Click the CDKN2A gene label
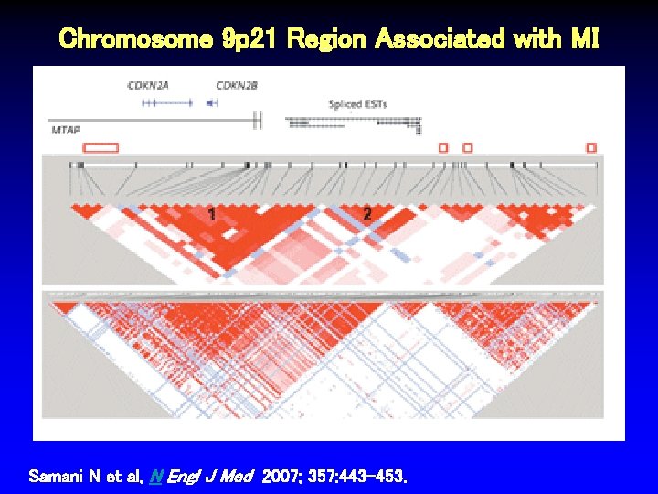coord(148,85)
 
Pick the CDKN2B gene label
coord(237,85)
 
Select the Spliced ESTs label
coord(358,104)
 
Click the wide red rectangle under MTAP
coord(101,147)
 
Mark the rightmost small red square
coord(591,147)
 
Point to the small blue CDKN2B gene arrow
coord(212,103)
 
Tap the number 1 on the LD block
coord(212,214)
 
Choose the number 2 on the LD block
coord(366,214)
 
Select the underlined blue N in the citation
coord(154,477)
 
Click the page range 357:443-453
coord(359,477)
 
